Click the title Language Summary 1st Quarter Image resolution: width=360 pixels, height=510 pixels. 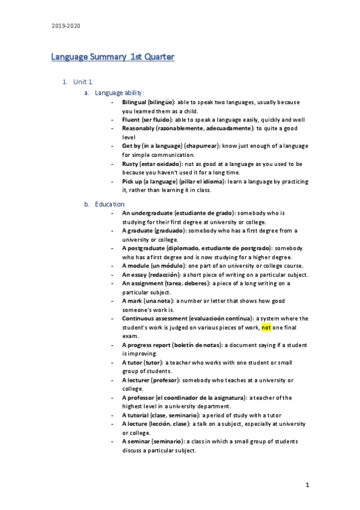click(112, 57)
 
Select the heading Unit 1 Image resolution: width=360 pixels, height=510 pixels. click(83, 81)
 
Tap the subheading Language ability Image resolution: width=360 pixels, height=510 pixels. click(120, 93)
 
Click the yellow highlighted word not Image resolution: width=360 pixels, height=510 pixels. click(267, 328)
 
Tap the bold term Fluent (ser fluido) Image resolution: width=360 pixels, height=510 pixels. click(147, 120)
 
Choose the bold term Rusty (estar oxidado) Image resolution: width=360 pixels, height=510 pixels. click(151, 164)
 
